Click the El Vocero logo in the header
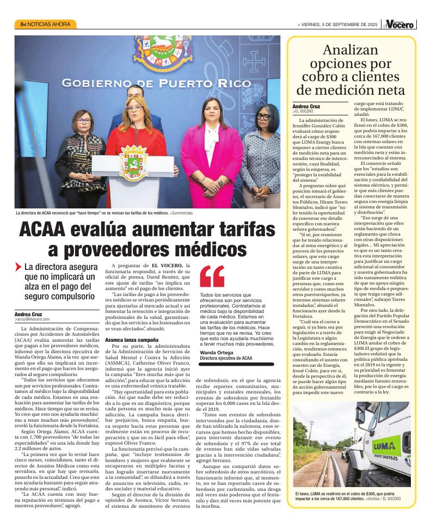point(402,24)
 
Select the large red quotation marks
point(212,276)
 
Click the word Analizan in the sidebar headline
point(350,51)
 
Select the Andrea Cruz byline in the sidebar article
point(308,106)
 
